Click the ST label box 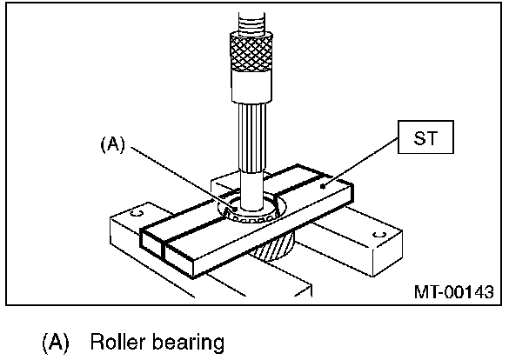tap(425, 137)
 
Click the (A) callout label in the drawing tap(113, 144)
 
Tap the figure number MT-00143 tap(454, 291)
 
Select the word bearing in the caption tap(188, 343)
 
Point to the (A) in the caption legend tap(56, 342)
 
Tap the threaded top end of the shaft tap(251, 22)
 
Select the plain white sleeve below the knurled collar tap(251, 86)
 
